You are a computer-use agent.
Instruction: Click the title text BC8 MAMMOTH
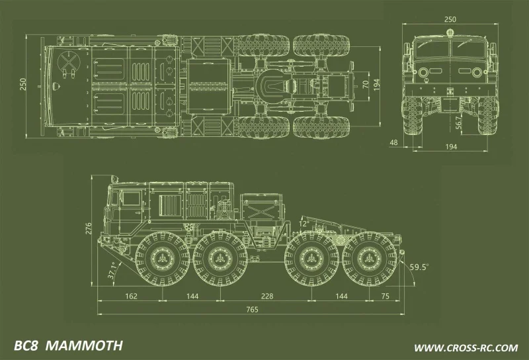[x=68, y=346]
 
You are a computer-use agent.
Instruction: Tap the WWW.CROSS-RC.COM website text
[x=466, y=347]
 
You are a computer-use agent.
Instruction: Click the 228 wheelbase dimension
[x=266, y=296]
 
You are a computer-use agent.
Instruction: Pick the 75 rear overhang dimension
[x=386, y=296]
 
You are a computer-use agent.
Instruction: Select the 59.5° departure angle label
[x=419, y=267]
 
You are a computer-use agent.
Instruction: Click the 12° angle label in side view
[x=304, y=224]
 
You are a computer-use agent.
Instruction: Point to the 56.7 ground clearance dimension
[x=459, y=122]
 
